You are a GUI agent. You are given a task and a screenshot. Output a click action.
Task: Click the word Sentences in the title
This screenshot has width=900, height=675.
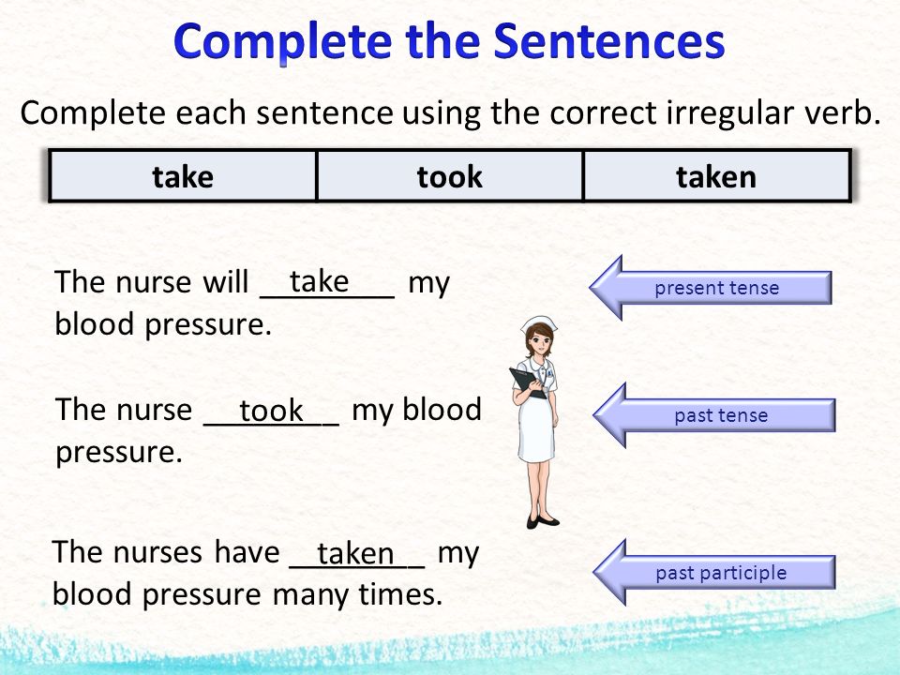609,42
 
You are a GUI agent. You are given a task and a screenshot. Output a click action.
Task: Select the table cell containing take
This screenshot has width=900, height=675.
183,176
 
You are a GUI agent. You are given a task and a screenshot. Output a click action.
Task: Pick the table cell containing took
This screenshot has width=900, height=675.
449,176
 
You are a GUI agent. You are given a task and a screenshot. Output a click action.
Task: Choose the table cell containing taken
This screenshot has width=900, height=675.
716,176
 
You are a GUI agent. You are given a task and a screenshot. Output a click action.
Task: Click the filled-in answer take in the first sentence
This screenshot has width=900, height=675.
319,282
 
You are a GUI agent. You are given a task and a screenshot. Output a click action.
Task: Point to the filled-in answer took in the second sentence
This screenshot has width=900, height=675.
271,411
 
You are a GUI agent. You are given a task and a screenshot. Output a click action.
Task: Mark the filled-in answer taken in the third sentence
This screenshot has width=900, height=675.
355,553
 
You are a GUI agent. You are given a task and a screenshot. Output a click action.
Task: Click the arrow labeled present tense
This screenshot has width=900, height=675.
711,288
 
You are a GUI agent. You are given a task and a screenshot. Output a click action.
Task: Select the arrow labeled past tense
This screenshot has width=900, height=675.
714,415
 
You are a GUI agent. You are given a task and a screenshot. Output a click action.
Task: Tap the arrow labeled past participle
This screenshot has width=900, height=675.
714,572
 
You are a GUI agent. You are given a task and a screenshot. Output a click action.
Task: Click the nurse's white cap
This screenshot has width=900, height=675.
540,322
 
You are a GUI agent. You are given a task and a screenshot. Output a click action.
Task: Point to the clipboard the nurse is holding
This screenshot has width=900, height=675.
526,382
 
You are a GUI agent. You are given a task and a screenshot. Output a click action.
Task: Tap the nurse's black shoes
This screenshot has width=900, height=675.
543,521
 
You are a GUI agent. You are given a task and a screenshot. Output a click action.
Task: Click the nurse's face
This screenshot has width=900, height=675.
538,341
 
